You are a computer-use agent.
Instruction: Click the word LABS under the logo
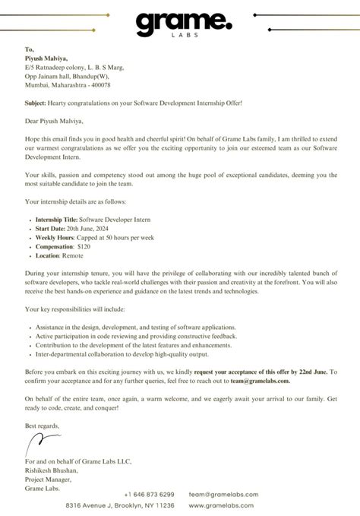point(179,43)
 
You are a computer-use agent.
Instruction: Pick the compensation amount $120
point(85,247)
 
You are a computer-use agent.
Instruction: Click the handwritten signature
point(42,442)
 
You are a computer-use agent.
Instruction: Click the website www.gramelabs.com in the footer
point(223,505)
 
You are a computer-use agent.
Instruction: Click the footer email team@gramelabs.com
point(223,494)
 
